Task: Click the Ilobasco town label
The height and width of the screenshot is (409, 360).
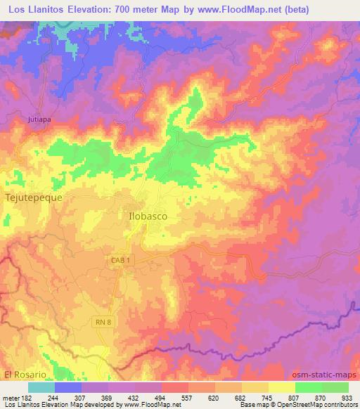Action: point(148,216)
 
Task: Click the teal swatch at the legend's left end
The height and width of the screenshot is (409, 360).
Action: point(42,387)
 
